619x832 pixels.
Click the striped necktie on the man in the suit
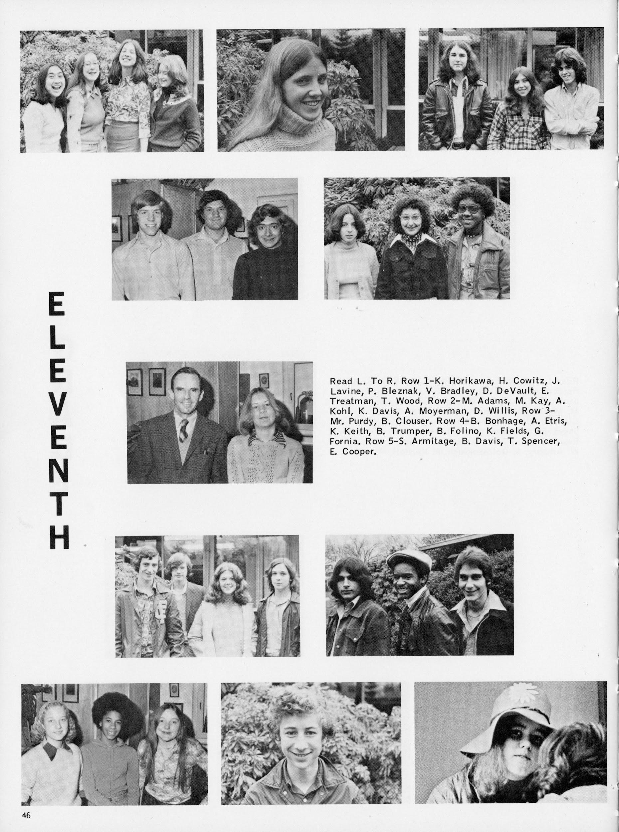(x=184, y=428)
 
